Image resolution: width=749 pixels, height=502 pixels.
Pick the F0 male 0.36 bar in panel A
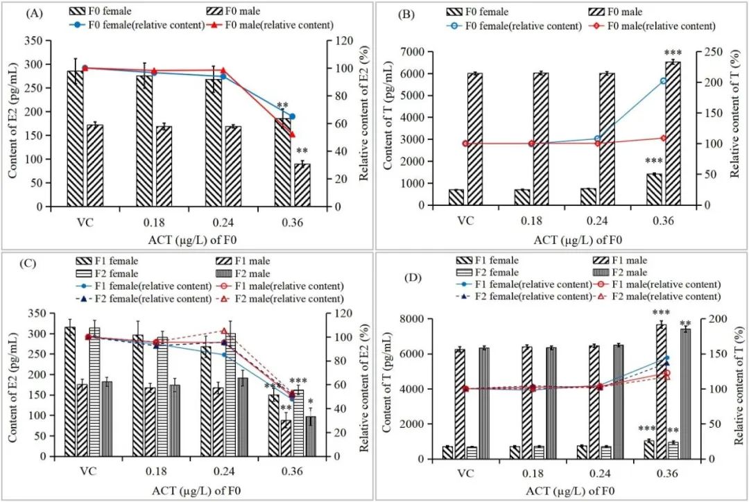302,185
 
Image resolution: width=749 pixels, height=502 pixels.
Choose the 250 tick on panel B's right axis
715,52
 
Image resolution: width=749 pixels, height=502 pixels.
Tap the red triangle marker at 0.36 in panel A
292,135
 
